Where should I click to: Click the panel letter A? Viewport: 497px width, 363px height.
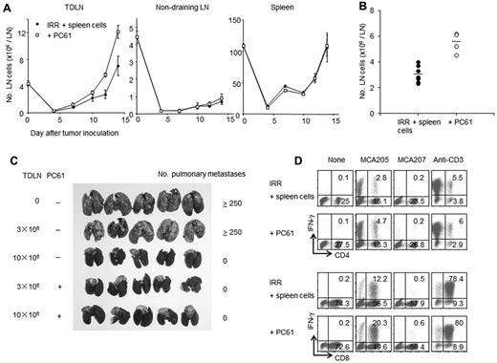(x=7, y=8)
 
